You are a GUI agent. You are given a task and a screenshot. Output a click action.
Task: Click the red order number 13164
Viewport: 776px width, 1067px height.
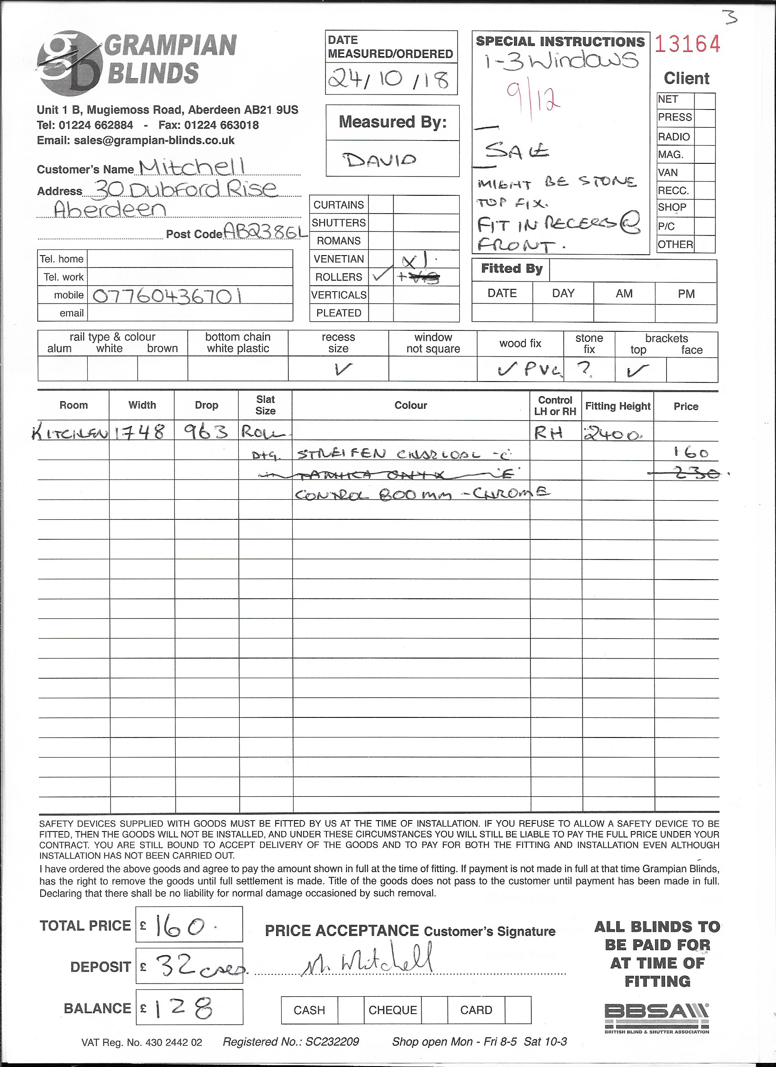click(x=687, y=45)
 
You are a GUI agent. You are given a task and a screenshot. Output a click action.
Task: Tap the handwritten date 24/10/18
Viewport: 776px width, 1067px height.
click(x=389, y=79)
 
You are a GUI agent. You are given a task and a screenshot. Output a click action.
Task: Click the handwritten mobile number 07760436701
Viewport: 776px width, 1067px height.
click(x=168, y=296)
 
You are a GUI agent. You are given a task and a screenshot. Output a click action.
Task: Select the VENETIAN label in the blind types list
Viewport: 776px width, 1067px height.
click(x=338, y=259)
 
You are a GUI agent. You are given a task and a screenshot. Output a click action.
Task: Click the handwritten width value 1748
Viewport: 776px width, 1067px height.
click(x=140, y=431)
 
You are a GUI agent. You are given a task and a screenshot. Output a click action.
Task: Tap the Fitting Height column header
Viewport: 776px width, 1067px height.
click(x=618, y=406)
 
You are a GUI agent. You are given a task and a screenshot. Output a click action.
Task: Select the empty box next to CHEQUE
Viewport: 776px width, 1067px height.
click(x=434, y=1010)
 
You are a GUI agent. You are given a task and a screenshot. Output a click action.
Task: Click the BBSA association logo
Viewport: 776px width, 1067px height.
click(x=657, y=1018)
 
